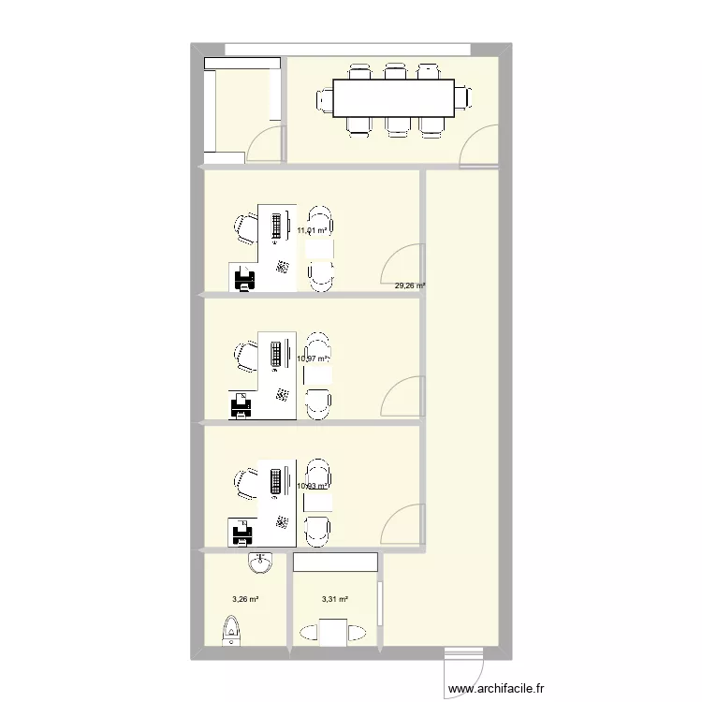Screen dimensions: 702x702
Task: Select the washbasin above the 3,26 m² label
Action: click(260, 563)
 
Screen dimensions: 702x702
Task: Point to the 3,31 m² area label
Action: click(334, 600)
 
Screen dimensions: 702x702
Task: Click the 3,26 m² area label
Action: click(245, 600)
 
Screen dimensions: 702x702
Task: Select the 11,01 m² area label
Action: click(313, 230)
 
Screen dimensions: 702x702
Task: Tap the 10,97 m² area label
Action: click(313, 358)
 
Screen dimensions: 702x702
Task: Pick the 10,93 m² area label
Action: click(313, 486)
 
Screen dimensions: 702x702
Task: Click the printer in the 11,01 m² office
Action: click(242, 278)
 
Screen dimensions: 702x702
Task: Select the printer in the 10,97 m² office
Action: click(242, 405)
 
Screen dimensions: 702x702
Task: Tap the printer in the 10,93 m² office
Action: click(242, 534)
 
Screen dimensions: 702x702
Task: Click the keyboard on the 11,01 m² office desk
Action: click(277, 226)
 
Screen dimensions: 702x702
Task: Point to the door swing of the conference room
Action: click(480, 148)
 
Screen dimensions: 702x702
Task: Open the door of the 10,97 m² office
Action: click(405, 398)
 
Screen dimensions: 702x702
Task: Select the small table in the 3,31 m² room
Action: click(334, 632)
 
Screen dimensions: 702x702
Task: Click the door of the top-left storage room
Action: click(267, 145)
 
